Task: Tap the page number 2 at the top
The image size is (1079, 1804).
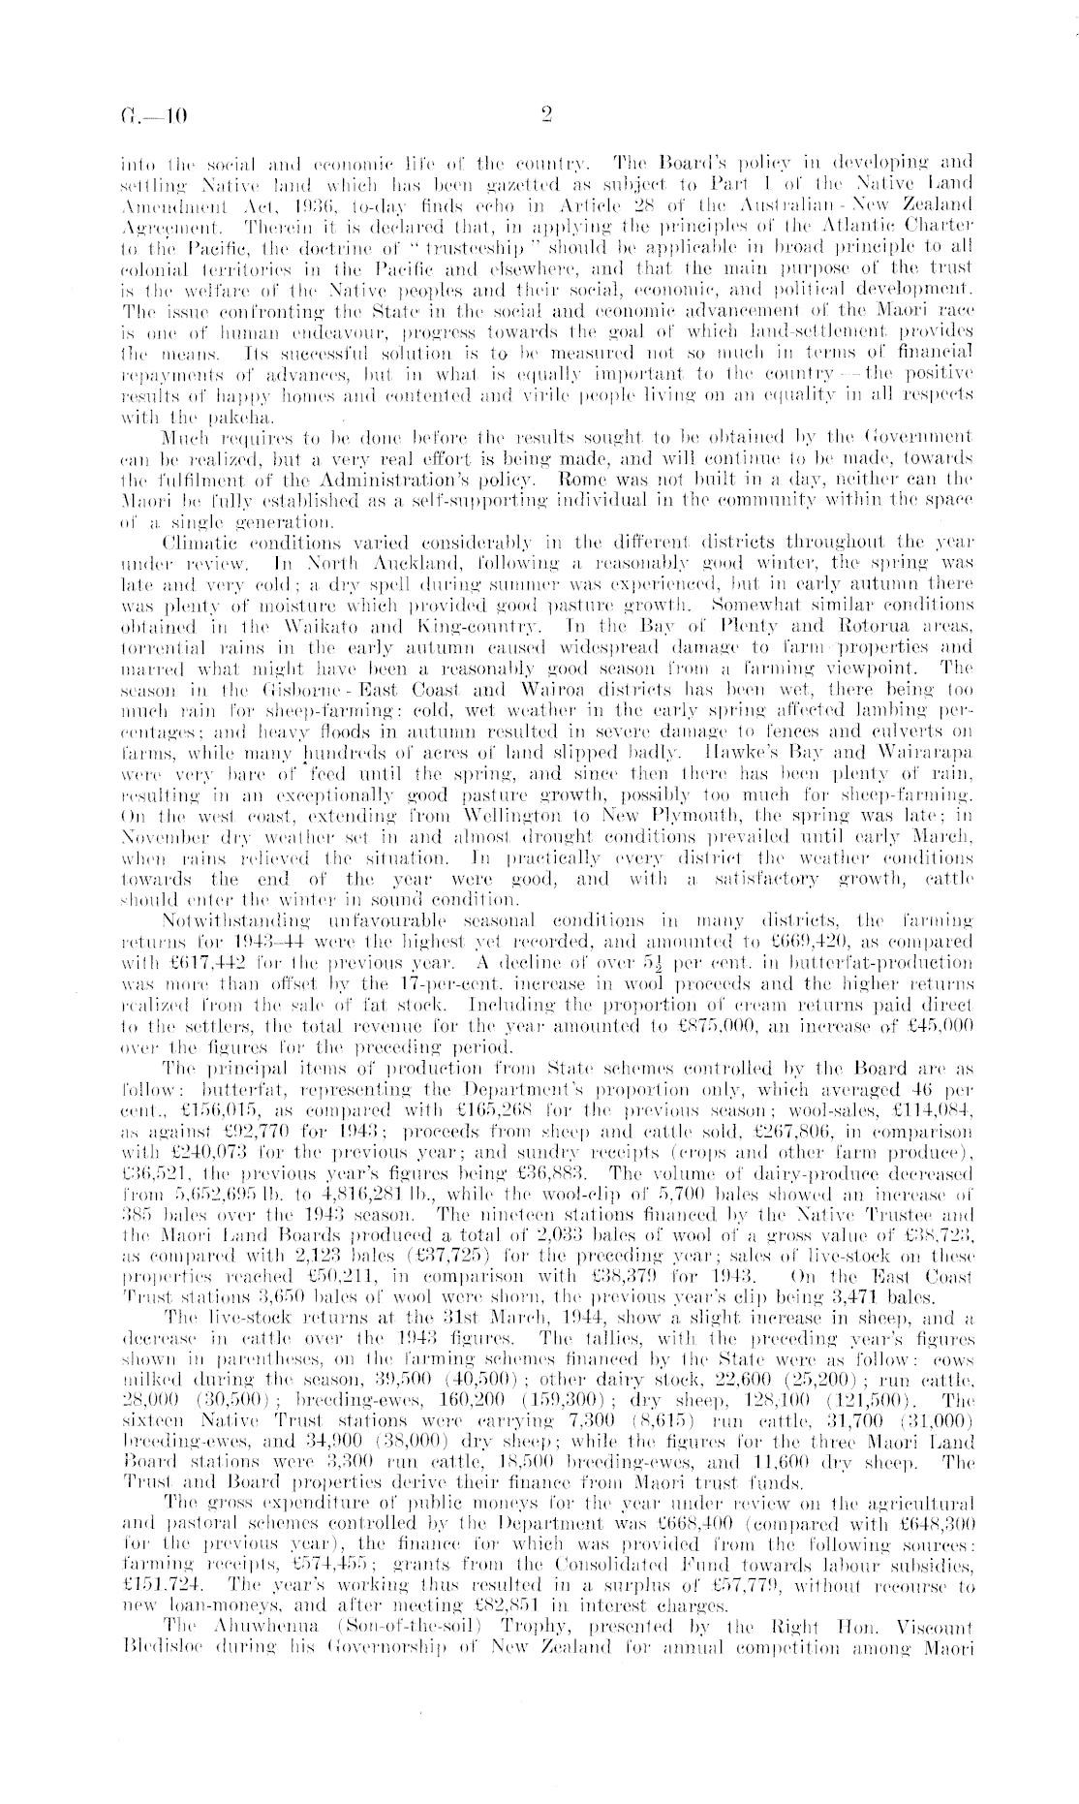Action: point(545,116)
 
